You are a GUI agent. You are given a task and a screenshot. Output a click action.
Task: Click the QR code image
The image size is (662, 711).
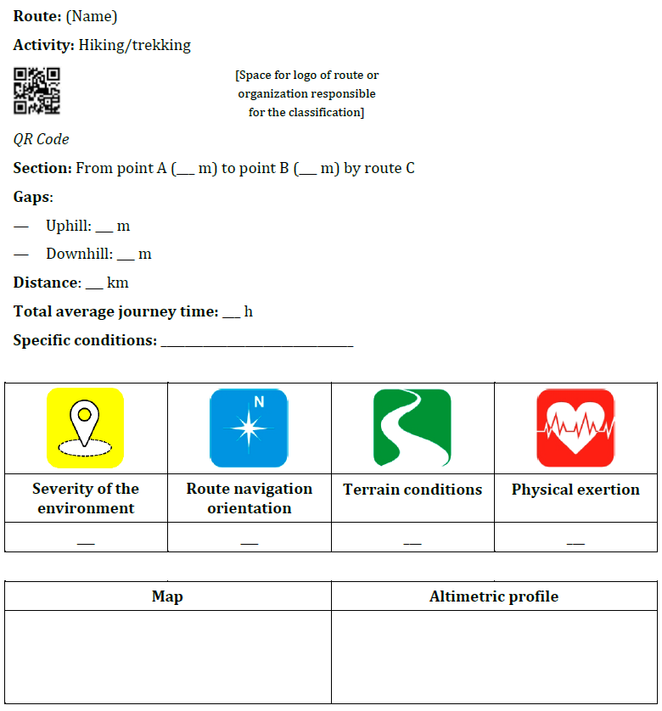(36, 91)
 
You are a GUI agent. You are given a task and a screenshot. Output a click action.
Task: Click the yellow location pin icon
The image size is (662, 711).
(85, 428)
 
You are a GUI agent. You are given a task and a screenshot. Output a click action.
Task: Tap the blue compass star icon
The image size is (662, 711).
(249, 428)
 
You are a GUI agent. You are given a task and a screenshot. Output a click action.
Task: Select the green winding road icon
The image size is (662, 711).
(412, 428)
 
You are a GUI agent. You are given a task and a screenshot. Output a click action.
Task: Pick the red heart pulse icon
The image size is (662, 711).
(575, 428)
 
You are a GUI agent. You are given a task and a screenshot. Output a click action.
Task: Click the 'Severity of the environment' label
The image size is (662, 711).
(86, 498)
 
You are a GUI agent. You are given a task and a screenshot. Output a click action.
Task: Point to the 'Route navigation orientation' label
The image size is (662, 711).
(250, 498)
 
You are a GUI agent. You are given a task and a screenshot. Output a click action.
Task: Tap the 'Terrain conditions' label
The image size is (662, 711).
(412, 490)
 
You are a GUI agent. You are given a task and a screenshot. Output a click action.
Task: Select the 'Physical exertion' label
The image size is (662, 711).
(575, 490)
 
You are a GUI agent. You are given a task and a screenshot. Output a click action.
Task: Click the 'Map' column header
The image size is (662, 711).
(167, 596)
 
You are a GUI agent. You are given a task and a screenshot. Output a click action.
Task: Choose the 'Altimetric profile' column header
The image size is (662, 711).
(494, 596)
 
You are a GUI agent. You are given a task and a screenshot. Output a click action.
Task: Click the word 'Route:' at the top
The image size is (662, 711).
(37, 16)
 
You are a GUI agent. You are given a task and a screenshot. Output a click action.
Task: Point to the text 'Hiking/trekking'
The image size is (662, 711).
(135, 45)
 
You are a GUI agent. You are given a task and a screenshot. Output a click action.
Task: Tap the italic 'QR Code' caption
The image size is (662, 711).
(42, 139)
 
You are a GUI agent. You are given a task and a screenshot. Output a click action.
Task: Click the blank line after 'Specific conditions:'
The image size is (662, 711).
(256, 343)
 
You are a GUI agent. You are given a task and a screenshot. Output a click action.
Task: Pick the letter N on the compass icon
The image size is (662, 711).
(259, 402)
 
